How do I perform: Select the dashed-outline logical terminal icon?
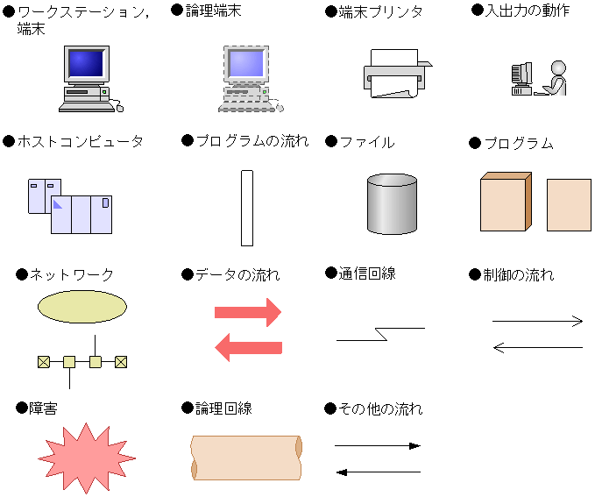pos(246,79)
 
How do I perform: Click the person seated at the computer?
pos(556,78)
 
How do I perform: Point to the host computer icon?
pos(70,206)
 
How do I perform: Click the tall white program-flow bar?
pos(246,208)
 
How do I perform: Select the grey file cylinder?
pos(392,204)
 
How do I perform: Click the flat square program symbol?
pos(569,205)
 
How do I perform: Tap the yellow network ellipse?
pos(82,306)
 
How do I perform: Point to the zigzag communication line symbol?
pos(380,334)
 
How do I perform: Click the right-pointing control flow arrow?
pos(537,322)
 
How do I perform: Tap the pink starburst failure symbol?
pos(86,458)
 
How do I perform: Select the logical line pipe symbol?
pos(246,458)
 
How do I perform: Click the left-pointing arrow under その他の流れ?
pos(378,472)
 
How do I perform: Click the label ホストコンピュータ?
pos(81,141)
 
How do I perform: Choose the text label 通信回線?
pos(367,273)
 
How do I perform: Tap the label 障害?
pos(44,408)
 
